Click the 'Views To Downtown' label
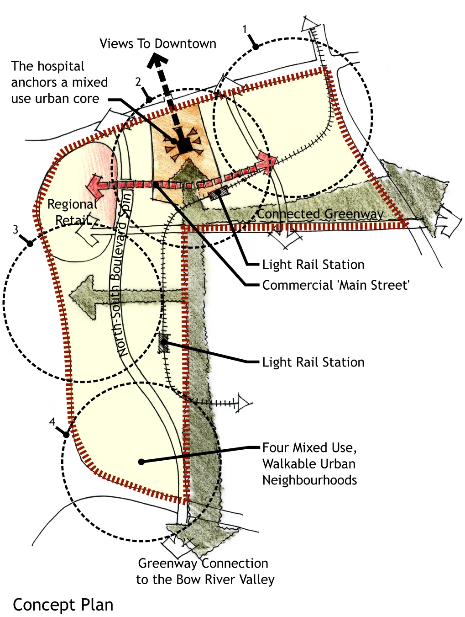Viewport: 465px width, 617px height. [158, 44]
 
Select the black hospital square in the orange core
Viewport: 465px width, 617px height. [184, 145]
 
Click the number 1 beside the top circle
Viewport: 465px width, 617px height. [245, 30]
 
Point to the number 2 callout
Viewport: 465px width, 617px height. [138, 82]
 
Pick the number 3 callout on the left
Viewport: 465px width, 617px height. [16, 229]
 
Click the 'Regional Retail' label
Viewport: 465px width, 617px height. [72, 212]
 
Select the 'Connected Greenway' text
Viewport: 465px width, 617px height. [320, 214]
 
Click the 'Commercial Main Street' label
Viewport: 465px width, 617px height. [335, 285]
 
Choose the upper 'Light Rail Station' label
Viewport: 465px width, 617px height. [313, 265]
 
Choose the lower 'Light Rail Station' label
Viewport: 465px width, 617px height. [313, 362]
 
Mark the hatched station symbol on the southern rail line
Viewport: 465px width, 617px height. [164, 344]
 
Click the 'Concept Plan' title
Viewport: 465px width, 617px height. [63, 605]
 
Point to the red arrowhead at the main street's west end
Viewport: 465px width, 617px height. [93, 186]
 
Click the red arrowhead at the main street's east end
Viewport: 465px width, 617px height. [267, 162]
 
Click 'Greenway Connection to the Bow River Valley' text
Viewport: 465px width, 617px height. [205, 571]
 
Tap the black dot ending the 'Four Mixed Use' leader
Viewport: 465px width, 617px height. [141, 462]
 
